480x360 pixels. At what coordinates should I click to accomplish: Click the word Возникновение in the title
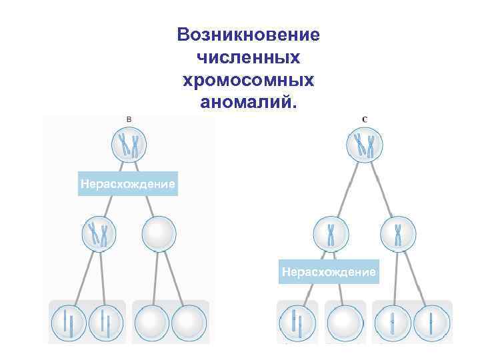[249, 35]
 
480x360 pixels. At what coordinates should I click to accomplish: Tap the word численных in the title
[249, 57]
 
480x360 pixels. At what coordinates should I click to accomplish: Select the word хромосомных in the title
[249, 80]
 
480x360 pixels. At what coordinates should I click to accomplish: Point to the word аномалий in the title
[249, 103]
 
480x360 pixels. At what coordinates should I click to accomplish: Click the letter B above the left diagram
[129, 118]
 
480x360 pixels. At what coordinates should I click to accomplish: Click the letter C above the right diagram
[364, 119]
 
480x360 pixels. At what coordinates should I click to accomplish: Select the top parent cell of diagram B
[129, 145]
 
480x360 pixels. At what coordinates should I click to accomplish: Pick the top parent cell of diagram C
[364, 145]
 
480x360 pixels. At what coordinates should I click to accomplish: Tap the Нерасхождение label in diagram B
[127, 183]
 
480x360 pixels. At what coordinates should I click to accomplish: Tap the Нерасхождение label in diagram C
[329, 272]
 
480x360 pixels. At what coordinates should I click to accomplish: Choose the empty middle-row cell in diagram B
[159, 234]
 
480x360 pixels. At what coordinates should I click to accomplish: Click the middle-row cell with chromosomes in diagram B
[99, 234]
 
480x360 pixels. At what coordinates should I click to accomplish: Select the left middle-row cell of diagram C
[331, 234]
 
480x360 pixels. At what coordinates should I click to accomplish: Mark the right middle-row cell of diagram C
[398, 234]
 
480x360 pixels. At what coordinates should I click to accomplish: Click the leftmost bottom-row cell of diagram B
[69, 323]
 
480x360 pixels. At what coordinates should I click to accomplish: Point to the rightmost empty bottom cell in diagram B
[189, 323]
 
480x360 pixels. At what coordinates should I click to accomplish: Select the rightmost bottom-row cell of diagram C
[431, 323]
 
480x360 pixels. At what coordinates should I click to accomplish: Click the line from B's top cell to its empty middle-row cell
[145, 191]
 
